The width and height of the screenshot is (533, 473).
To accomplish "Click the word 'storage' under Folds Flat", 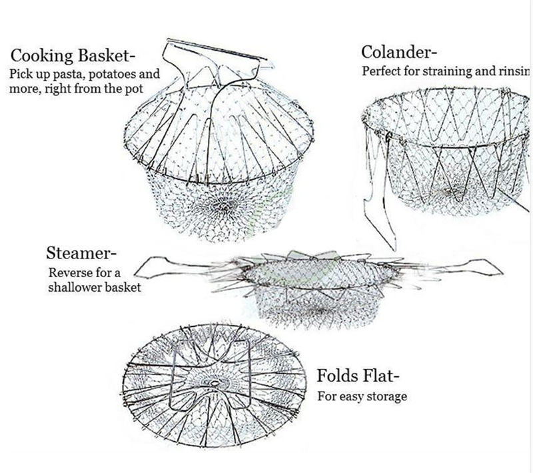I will click(386, 396).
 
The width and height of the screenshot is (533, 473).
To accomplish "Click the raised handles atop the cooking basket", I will click(213, 60).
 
